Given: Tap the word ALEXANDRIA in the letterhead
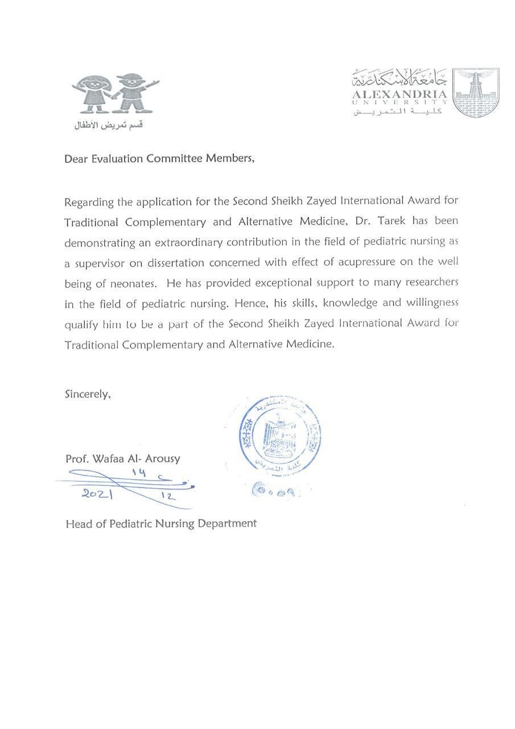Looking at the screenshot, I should click(x=399, y=94).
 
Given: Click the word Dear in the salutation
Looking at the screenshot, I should click(x=77, y=159).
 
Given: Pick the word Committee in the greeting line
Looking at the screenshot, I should click(x=174, y=159).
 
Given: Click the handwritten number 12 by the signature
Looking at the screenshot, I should click(x=167, y=496).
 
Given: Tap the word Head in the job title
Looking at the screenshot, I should click(x=78, y=523).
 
